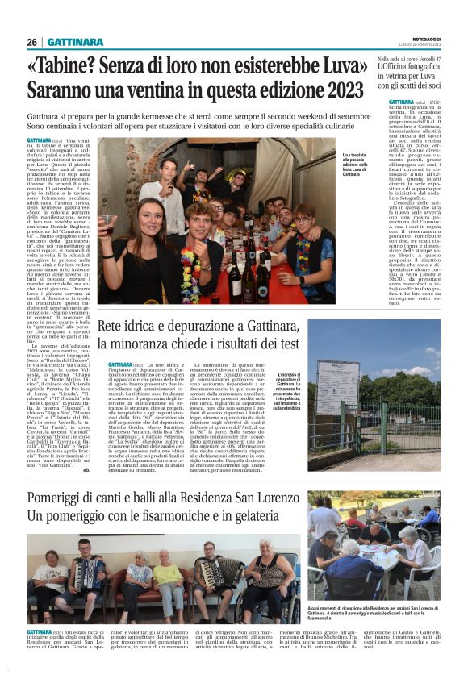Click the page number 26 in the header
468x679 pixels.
point(32,42)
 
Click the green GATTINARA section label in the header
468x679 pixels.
point(74,42)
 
